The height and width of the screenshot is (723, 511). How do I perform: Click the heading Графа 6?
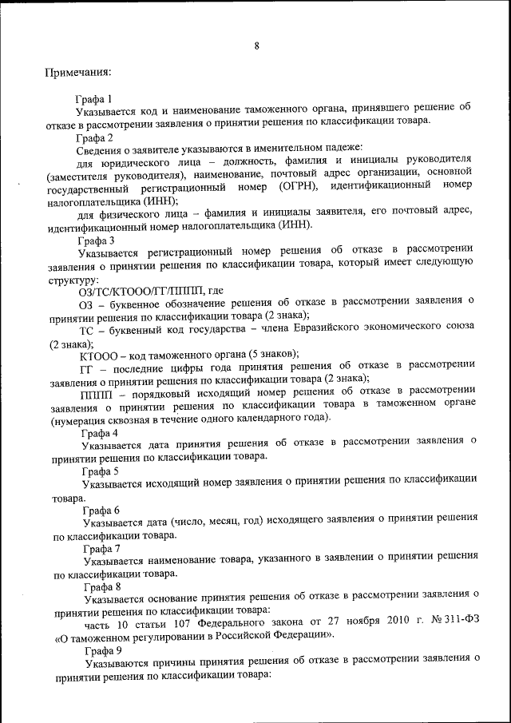[101, 510]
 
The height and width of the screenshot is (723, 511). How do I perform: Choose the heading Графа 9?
[101, 652]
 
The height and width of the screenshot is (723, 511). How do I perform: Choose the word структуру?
[73, 280]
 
